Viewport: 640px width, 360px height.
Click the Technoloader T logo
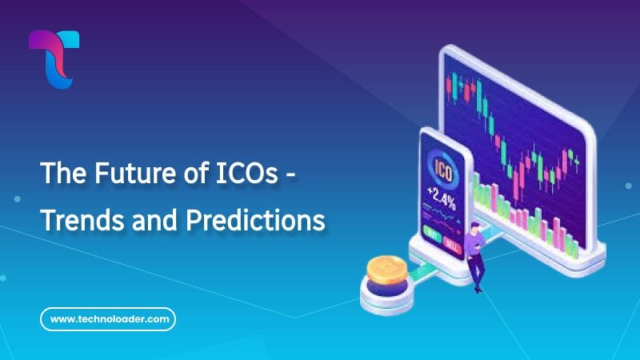pos(54,58)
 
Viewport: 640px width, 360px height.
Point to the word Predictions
pos(255,219)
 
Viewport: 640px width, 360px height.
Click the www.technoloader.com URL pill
pos(108,319)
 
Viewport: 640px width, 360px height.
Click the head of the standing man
pos(475,230)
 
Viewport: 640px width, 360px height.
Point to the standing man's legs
pos(478,272)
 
